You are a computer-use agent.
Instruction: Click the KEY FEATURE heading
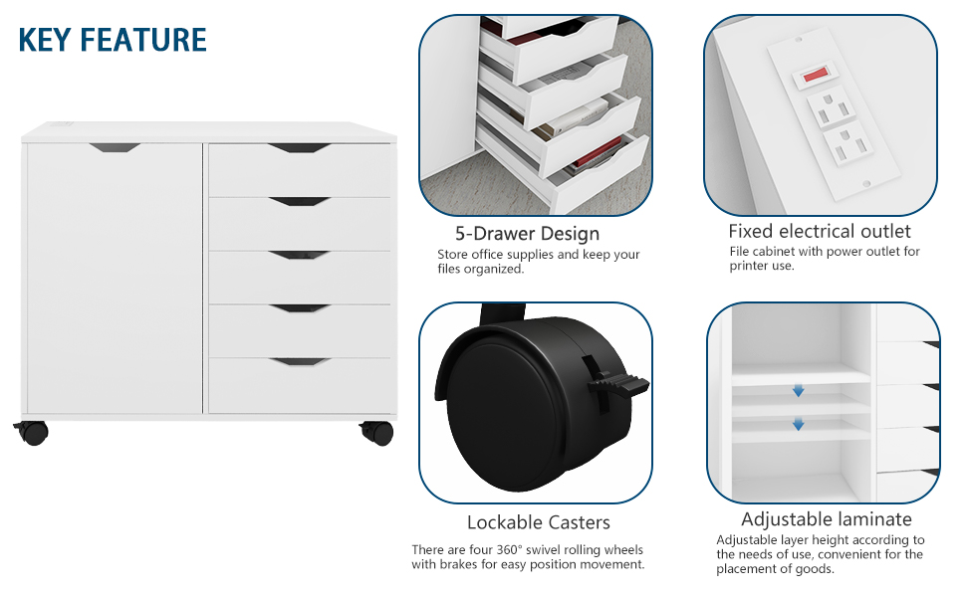coord(113,40)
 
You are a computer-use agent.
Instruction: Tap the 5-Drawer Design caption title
coord(527,234)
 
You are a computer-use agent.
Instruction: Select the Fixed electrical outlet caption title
coord(819,232)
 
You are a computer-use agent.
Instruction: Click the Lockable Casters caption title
coord(538,522)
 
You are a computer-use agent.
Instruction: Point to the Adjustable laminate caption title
coord(826,519)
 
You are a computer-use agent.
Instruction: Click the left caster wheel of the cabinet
coord(34,433)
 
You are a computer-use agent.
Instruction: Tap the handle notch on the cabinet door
coord(115,148)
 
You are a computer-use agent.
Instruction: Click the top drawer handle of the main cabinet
coord(299,148)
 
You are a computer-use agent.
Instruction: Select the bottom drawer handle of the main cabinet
coord(299,361)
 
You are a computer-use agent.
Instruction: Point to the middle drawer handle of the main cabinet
coord(299,255)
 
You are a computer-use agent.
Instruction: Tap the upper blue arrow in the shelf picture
coord(798,391)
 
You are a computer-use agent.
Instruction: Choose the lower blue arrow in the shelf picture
coord(798,425)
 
